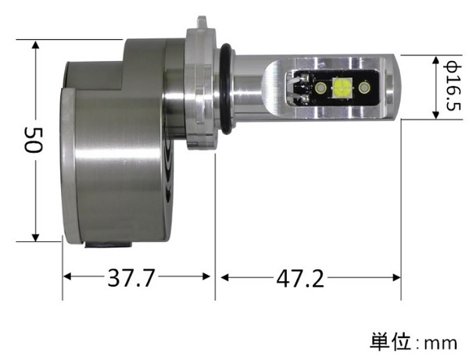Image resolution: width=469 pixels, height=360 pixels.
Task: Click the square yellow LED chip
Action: (342, 89)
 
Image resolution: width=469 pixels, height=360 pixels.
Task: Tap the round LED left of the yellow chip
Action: (321, 91)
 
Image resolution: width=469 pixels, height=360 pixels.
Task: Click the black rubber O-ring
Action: (225, 87)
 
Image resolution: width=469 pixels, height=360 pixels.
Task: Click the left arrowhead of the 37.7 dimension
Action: (68, 277)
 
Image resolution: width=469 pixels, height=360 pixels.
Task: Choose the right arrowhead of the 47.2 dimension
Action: (396, 277)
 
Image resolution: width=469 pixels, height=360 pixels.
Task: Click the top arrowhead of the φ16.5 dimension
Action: (435, 60)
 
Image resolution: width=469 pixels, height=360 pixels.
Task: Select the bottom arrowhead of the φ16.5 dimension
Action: (435, 115)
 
